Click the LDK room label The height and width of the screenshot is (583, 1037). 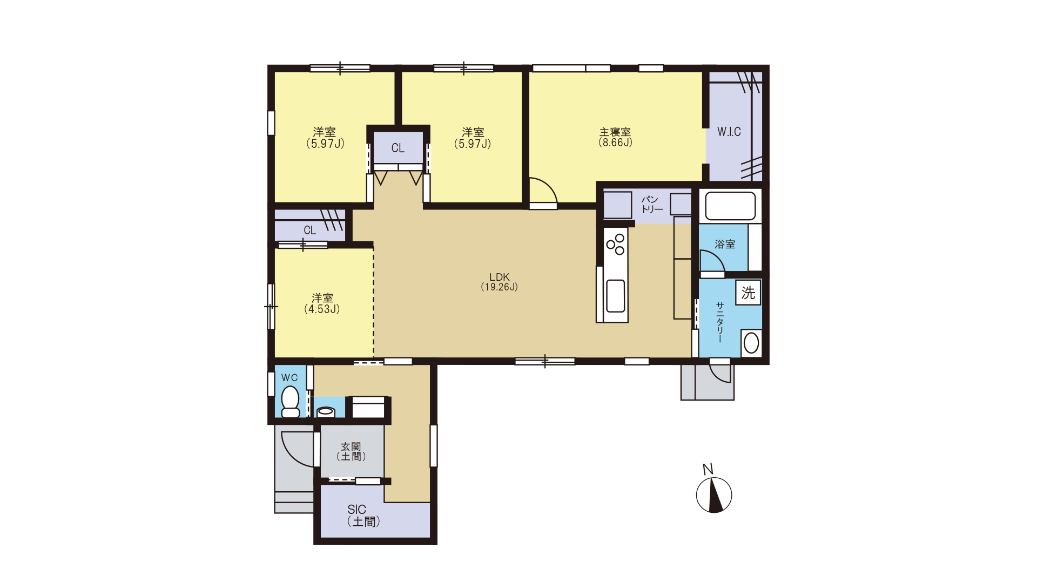(x=500, y=277)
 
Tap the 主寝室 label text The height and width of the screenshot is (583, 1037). (x=615, y=132)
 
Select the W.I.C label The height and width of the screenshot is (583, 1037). (x=729, y=132)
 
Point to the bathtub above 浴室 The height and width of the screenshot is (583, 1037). (x=730, y=206)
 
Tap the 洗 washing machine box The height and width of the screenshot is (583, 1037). (x=748, y=293)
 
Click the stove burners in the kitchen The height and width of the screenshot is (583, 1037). (x=615, y=245)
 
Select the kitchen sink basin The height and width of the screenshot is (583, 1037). (x=616, y=296)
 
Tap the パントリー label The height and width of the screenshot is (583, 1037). (x=652, y=205)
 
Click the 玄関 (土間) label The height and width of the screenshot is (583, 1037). (x=351, y=452)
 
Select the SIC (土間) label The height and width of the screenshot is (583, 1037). (x=363, y=516)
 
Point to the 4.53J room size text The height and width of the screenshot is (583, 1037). (x=322, y=309)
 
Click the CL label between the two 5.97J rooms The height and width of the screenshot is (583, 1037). (x=398, y=148)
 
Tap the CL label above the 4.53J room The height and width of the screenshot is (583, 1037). (x=310, y=231)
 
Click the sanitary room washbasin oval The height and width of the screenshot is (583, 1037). (x=751, y=343)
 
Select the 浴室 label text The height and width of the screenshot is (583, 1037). (x=725, y=245)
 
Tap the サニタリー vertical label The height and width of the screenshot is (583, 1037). (x=720, y=322)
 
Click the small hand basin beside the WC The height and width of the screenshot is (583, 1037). (x=326, y=412)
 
